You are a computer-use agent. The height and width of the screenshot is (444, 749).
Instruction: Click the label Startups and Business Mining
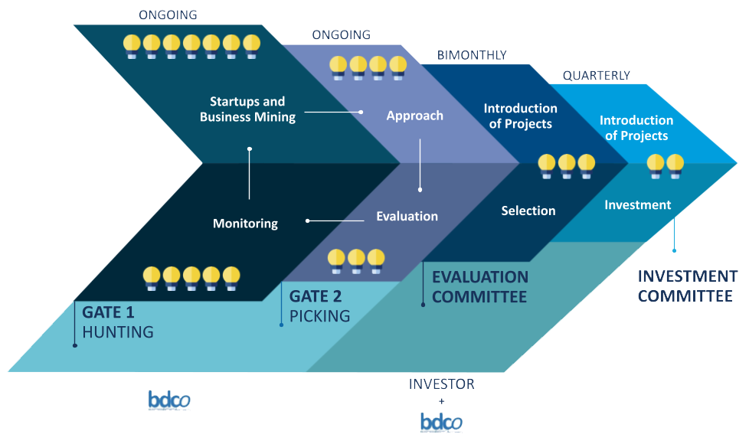pyautogui.click(x=247, y=109)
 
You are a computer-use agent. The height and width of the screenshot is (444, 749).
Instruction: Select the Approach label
pyautogui.click(x=414, y=116)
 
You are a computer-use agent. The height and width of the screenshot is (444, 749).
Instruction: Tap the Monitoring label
pyautogui.click(x=245, y=224)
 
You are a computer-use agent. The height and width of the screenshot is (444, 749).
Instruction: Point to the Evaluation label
pyautogui.click(x=407, y=216)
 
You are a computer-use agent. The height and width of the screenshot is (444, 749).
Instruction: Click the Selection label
pyautogui.click(x=528, y=211)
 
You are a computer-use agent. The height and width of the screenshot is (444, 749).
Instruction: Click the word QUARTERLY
pyautogui.click(x=596, y=75)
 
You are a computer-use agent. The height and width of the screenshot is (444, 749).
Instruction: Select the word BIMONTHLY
pyautogui.click(x=472, y=55)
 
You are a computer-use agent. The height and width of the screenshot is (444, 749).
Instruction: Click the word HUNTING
pyautogui.click(x=118, y=332)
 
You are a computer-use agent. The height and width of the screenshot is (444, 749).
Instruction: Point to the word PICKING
pyautogui.click(x=319, y=315)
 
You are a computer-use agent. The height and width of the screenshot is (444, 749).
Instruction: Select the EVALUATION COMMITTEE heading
pyautogui.click(x=480, y=286)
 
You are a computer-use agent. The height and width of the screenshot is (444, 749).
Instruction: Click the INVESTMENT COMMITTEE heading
pyautogui.click(x=688, y=286)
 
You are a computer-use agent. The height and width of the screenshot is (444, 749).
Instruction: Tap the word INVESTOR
pyautogui.click(x=441, y=384)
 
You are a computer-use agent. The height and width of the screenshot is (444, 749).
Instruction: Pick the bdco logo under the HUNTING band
pyautogui.click(x=169, y=400)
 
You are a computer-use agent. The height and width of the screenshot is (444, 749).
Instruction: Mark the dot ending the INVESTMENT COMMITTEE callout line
pyautogui.click(x=675, y=250)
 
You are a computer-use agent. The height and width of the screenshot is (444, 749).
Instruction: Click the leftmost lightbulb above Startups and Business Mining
pyautogui.click(x=132, y=45)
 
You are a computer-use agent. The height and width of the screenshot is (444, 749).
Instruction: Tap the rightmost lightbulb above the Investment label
pyautogui.click(x=675, y=165)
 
